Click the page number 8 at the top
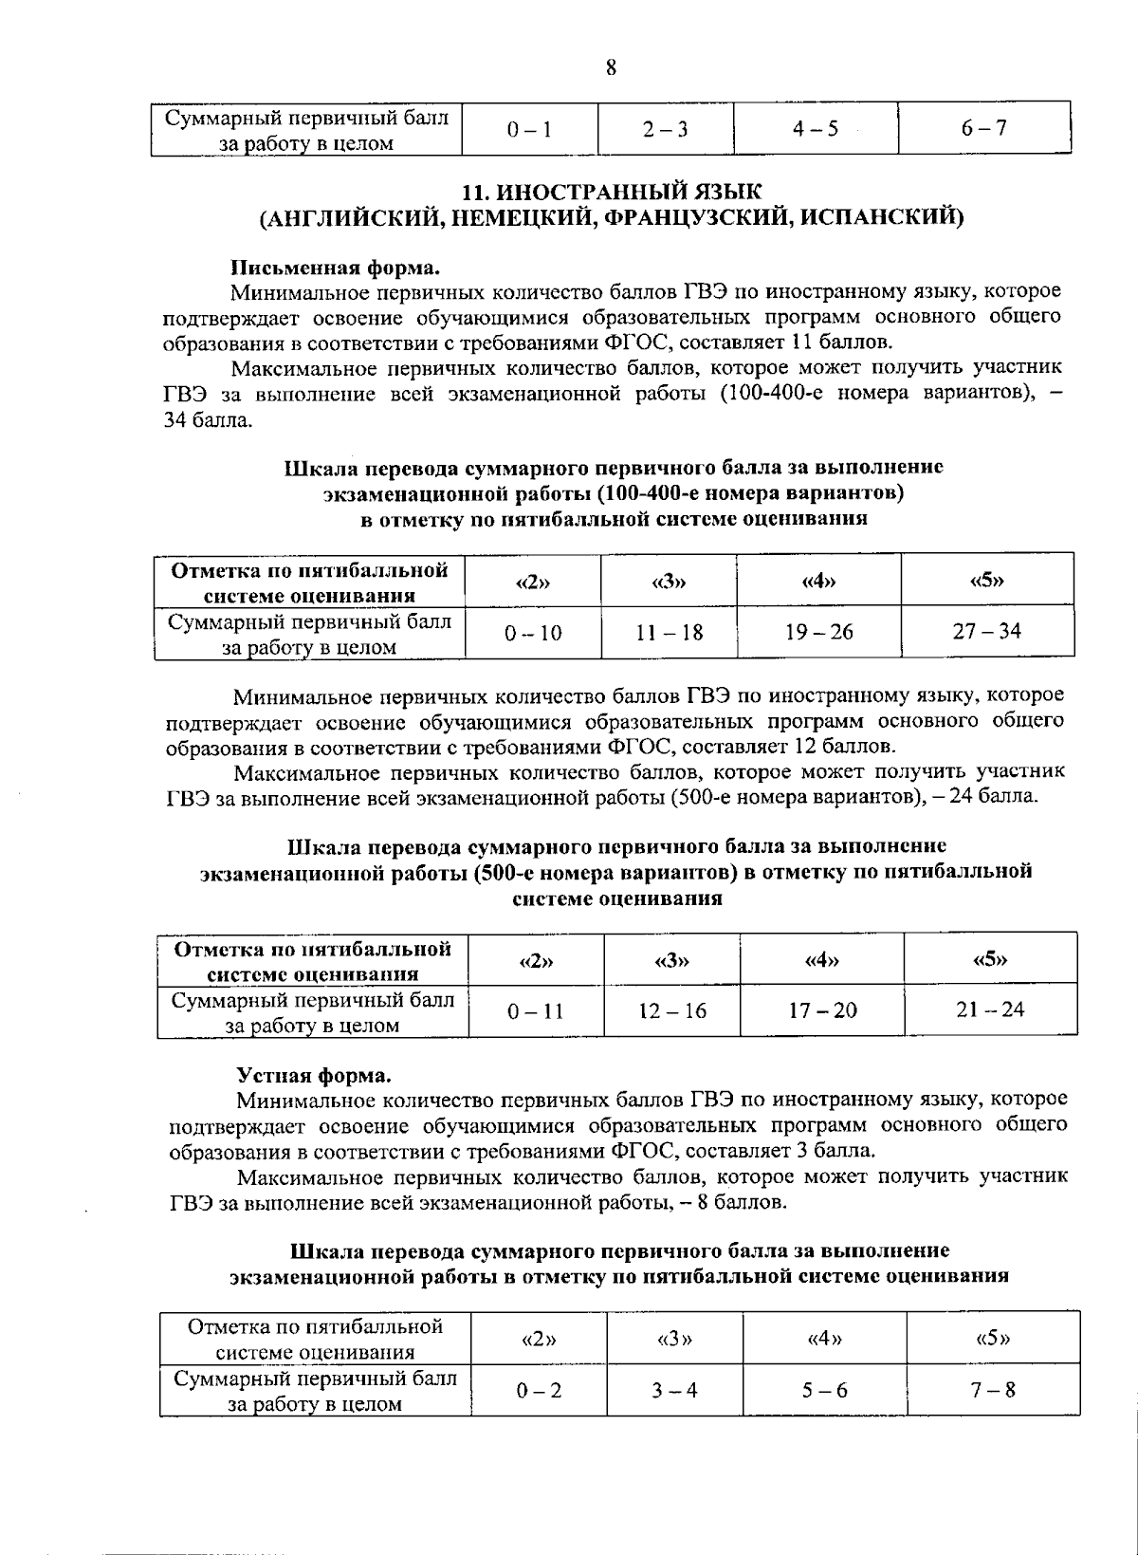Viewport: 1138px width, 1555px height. point(610,67)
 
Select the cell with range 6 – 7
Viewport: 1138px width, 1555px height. point(983,129)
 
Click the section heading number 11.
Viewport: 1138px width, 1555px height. point(473,193)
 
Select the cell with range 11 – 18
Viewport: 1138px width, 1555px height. point(670,632)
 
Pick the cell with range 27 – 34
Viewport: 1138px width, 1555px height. point(987,631)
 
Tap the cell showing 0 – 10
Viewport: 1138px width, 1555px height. point(533,633)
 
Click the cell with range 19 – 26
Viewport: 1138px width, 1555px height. point(819,632)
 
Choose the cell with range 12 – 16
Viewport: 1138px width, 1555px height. point(671,1011)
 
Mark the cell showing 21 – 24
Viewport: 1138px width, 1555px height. point(990,1009)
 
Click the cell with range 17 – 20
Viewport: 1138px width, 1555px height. point(822,1011)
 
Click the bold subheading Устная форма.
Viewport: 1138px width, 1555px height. point(313,1076)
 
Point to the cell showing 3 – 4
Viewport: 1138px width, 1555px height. point(674,1391)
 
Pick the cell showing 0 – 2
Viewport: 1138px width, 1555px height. point(539,1391)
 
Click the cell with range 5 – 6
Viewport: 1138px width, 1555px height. point(824,1391)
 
